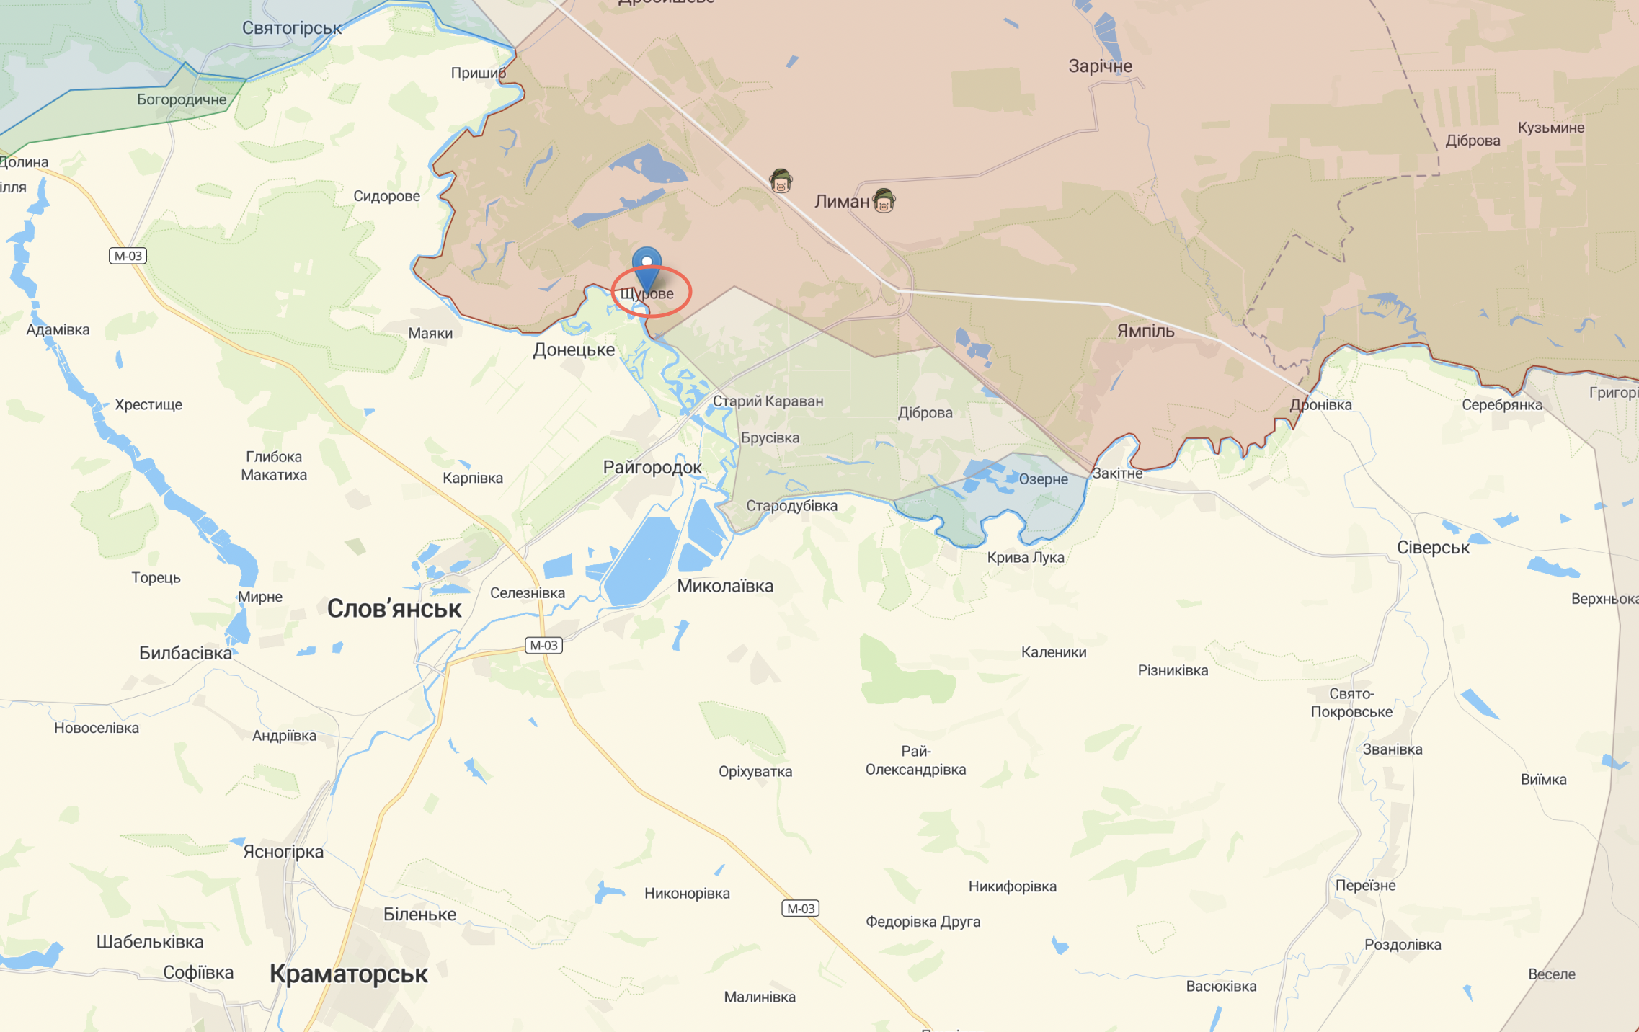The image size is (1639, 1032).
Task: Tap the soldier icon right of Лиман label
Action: (x=884, y=200)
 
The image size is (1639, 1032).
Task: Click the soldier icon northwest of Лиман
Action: (x=781, y=180)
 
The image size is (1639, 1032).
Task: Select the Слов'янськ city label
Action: (x=394, y=609)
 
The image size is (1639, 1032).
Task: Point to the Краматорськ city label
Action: (x=349, y=974)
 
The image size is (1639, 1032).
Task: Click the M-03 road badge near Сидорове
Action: (x=128, y=255)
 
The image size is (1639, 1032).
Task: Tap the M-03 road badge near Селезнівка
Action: (x=543, y=645)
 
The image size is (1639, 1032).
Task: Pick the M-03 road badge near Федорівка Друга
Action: (x=800, y=908)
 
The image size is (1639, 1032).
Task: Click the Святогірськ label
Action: (x=292, y=28)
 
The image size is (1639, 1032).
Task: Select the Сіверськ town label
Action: (x=1433, y=548)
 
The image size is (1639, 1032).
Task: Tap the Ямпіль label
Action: (x=1145, y=331)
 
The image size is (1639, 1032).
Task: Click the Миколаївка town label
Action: (x=725, y=586)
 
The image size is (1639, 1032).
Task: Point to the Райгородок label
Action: (x=652, y=467)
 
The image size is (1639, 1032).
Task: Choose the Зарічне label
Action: (x=1100, y=66)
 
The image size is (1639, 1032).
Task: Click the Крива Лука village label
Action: (x=1025, y=557)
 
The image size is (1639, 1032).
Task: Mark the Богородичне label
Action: (x=182, y=99)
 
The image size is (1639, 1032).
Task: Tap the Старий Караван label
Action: (x=768, y=401)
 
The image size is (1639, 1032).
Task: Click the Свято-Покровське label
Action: (x=1351, y=703)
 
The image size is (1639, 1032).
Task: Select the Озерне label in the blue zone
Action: (x=1043, y=479)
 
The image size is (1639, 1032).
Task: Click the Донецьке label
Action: (x=574, y=350)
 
